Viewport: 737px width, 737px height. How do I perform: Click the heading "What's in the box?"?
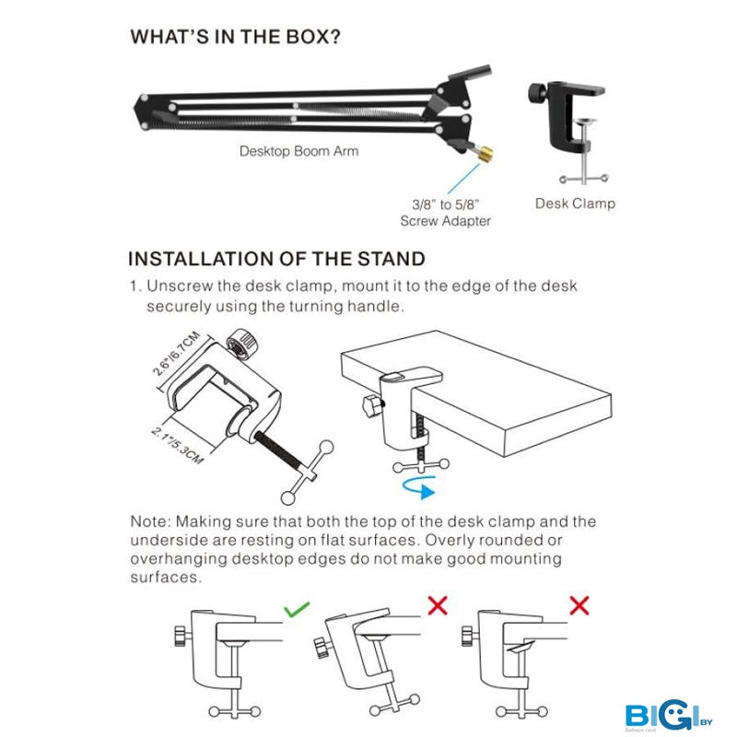point(235,37)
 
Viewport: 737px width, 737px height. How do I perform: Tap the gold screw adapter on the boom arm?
point(485,153)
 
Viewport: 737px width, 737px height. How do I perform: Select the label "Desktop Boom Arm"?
point(298,151)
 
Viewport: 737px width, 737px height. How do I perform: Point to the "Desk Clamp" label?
point(575,204)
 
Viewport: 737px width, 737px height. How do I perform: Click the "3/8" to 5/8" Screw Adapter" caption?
point(446,213)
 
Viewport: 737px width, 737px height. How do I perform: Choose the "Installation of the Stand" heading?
point(276,259)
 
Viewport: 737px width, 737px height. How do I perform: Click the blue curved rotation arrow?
point(420,486)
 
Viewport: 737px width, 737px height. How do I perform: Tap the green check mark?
point(297,609)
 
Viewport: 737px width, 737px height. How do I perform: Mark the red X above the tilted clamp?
point(438,605)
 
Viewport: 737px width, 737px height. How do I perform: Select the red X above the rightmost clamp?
point(579,605)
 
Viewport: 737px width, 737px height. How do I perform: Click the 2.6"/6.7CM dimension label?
point(176,354)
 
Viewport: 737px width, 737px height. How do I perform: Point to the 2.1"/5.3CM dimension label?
point(177,445)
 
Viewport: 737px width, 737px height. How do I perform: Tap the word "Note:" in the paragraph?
point(148,521)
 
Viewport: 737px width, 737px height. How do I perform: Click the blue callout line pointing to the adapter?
point(463,179)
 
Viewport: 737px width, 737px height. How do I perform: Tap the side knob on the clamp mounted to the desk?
point(373,404)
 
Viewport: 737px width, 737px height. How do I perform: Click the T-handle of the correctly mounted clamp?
point(235,710)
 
